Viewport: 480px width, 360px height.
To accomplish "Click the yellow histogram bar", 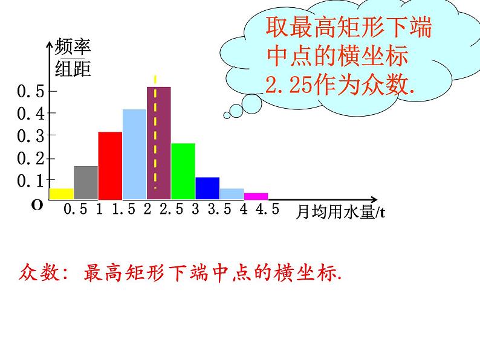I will (61, 193).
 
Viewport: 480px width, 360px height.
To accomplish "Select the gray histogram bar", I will (86, 182).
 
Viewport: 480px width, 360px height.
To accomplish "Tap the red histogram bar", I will (110, 166).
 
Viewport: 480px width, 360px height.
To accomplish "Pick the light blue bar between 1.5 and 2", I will (134, 154).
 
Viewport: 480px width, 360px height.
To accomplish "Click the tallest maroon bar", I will (159, 143).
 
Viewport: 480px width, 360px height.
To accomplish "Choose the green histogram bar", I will (183, 171).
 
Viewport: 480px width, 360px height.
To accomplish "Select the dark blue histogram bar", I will (207, 188).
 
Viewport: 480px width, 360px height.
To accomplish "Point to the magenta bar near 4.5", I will (256, 196).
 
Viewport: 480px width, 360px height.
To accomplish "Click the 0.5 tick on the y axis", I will (30, 91).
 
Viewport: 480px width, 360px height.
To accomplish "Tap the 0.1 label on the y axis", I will (30, 181).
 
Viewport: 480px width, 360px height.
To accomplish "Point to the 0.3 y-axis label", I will (30, 136).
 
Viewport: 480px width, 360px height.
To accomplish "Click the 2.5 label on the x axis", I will (170, 210).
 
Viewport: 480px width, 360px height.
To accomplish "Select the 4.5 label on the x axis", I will (267, 210).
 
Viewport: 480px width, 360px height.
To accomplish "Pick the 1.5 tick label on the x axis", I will (123, 210).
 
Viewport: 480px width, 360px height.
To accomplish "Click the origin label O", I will (37, 205).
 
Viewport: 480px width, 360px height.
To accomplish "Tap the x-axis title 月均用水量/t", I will (341, 212).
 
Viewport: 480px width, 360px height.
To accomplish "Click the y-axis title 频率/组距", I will (73, 59).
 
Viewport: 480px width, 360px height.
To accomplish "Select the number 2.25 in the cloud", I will (288, 86).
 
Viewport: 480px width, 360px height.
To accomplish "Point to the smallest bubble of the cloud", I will (227, 115).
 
